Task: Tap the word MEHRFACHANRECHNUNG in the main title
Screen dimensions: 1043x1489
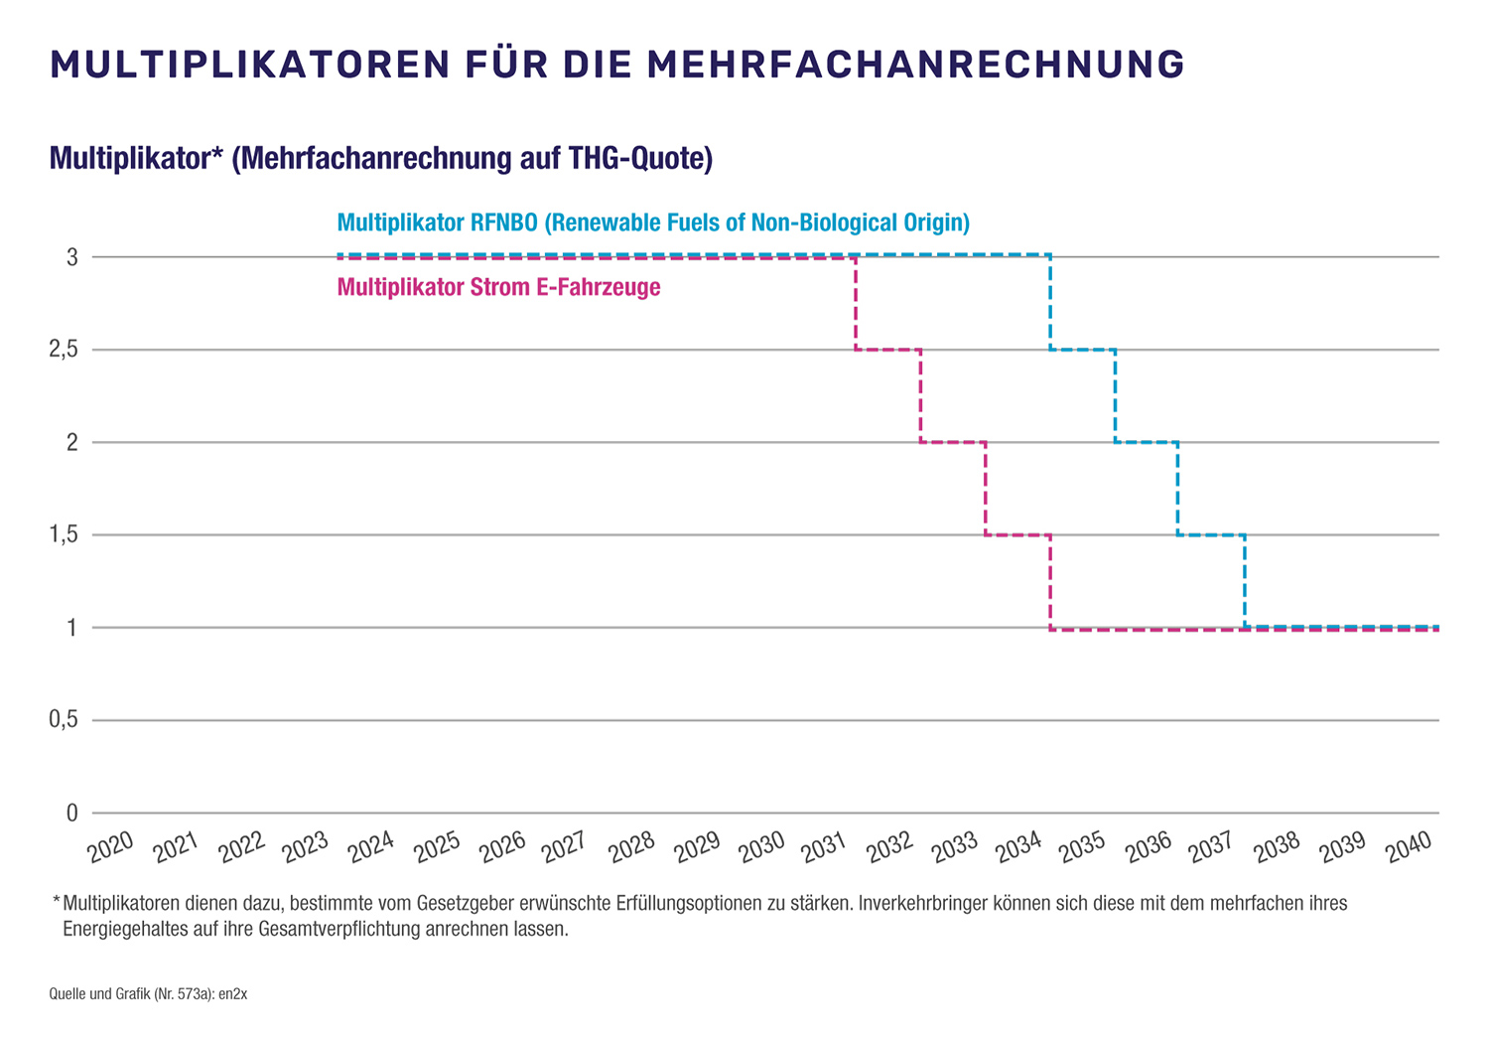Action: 915,65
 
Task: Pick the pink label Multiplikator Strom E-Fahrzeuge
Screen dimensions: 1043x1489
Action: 498,288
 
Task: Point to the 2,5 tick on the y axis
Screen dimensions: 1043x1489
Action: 64,350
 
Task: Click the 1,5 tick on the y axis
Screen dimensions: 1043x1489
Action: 64,535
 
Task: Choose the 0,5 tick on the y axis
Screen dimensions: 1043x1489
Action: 64,720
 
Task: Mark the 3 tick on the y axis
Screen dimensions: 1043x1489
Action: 71,257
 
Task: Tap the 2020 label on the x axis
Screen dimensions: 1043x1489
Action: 110,847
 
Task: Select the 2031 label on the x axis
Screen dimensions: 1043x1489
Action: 824,847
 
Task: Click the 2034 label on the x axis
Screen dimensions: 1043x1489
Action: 1018,847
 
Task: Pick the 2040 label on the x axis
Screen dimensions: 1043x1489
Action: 1408,847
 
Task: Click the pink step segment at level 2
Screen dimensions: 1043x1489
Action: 953,442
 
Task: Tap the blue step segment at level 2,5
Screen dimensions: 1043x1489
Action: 1083,350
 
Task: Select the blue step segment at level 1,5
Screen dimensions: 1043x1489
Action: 1211,535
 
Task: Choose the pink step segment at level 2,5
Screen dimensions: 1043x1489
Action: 888,350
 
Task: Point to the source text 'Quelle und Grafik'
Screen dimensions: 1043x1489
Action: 99,993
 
